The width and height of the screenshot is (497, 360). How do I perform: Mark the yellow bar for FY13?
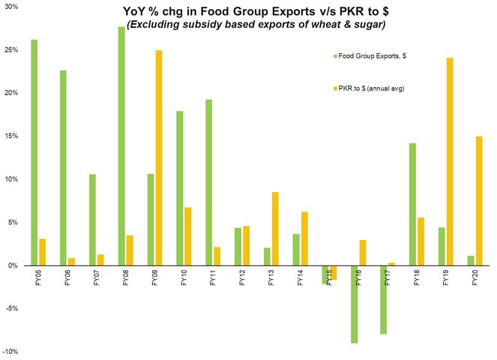point(276,229)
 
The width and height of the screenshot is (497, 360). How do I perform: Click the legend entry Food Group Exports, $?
point(367,55)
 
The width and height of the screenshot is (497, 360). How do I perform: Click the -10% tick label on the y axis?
point(10,352)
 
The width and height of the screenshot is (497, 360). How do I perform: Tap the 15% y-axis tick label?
point(10,136)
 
